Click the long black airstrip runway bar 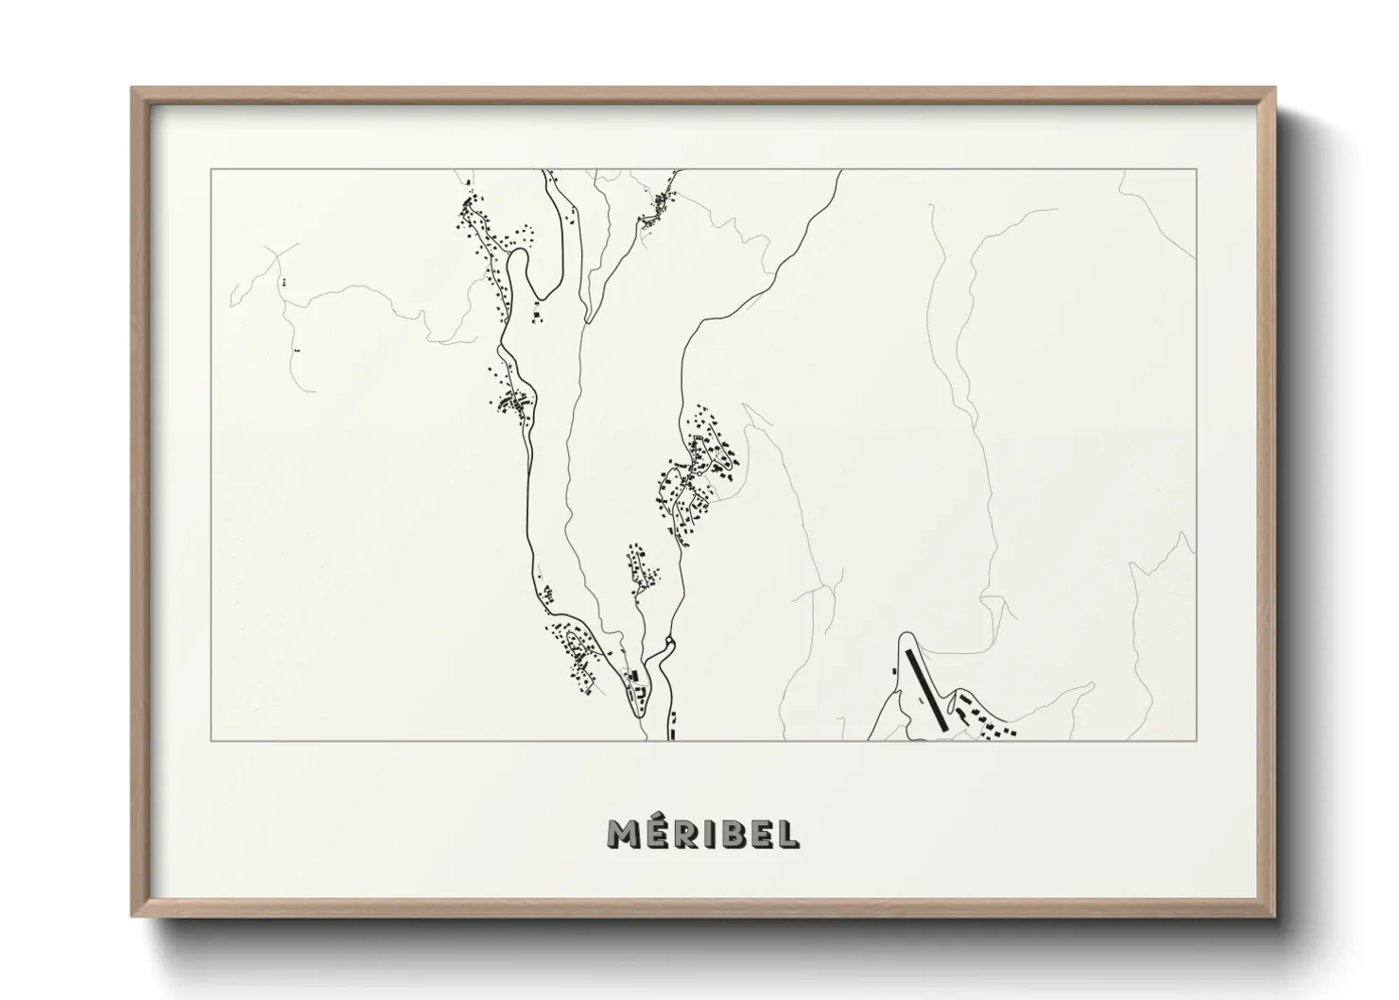click(926, 687)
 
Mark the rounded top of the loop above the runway click(906, 635)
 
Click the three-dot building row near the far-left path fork click(283, 282)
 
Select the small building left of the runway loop click(894, 672)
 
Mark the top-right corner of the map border click(1197, 170)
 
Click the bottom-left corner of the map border click(211, 741)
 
